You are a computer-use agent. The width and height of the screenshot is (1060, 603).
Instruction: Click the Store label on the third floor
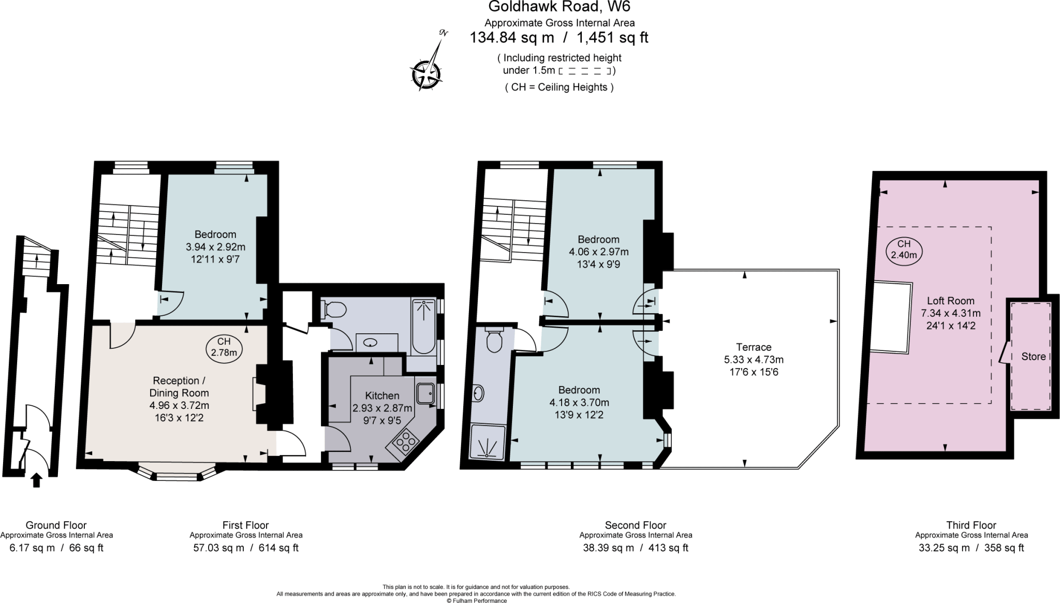tap(1033, 356)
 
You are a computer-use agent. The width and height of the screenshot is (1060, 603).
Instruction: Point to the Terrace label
tap(754, 347)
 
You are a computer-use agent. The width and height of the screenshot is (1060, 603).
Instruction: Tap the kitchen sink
tap(426, 393)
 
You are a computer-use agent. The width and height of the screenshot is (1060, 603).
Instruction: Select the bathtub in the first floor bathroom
tap(424, 326)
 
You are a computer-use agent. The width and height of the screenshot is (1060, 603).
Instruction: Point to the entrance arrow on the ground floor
tap(36, 480)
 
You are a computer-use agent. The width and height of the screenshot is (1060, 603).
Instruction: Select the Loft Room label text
tap(950, 300)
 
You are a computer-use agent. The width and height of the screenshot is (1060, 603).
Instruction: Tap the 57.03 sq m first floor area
tap(218, 548)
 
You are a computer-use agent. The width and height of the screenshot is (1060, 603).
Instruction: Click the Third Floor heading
tap(971, 525)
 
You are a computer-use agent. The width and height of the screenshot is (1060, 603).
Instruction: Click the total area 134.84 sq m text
tap(511, 38)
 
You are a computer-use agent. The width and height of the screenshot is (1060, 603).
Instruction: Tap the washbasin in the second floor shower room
tap(479, 393)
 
